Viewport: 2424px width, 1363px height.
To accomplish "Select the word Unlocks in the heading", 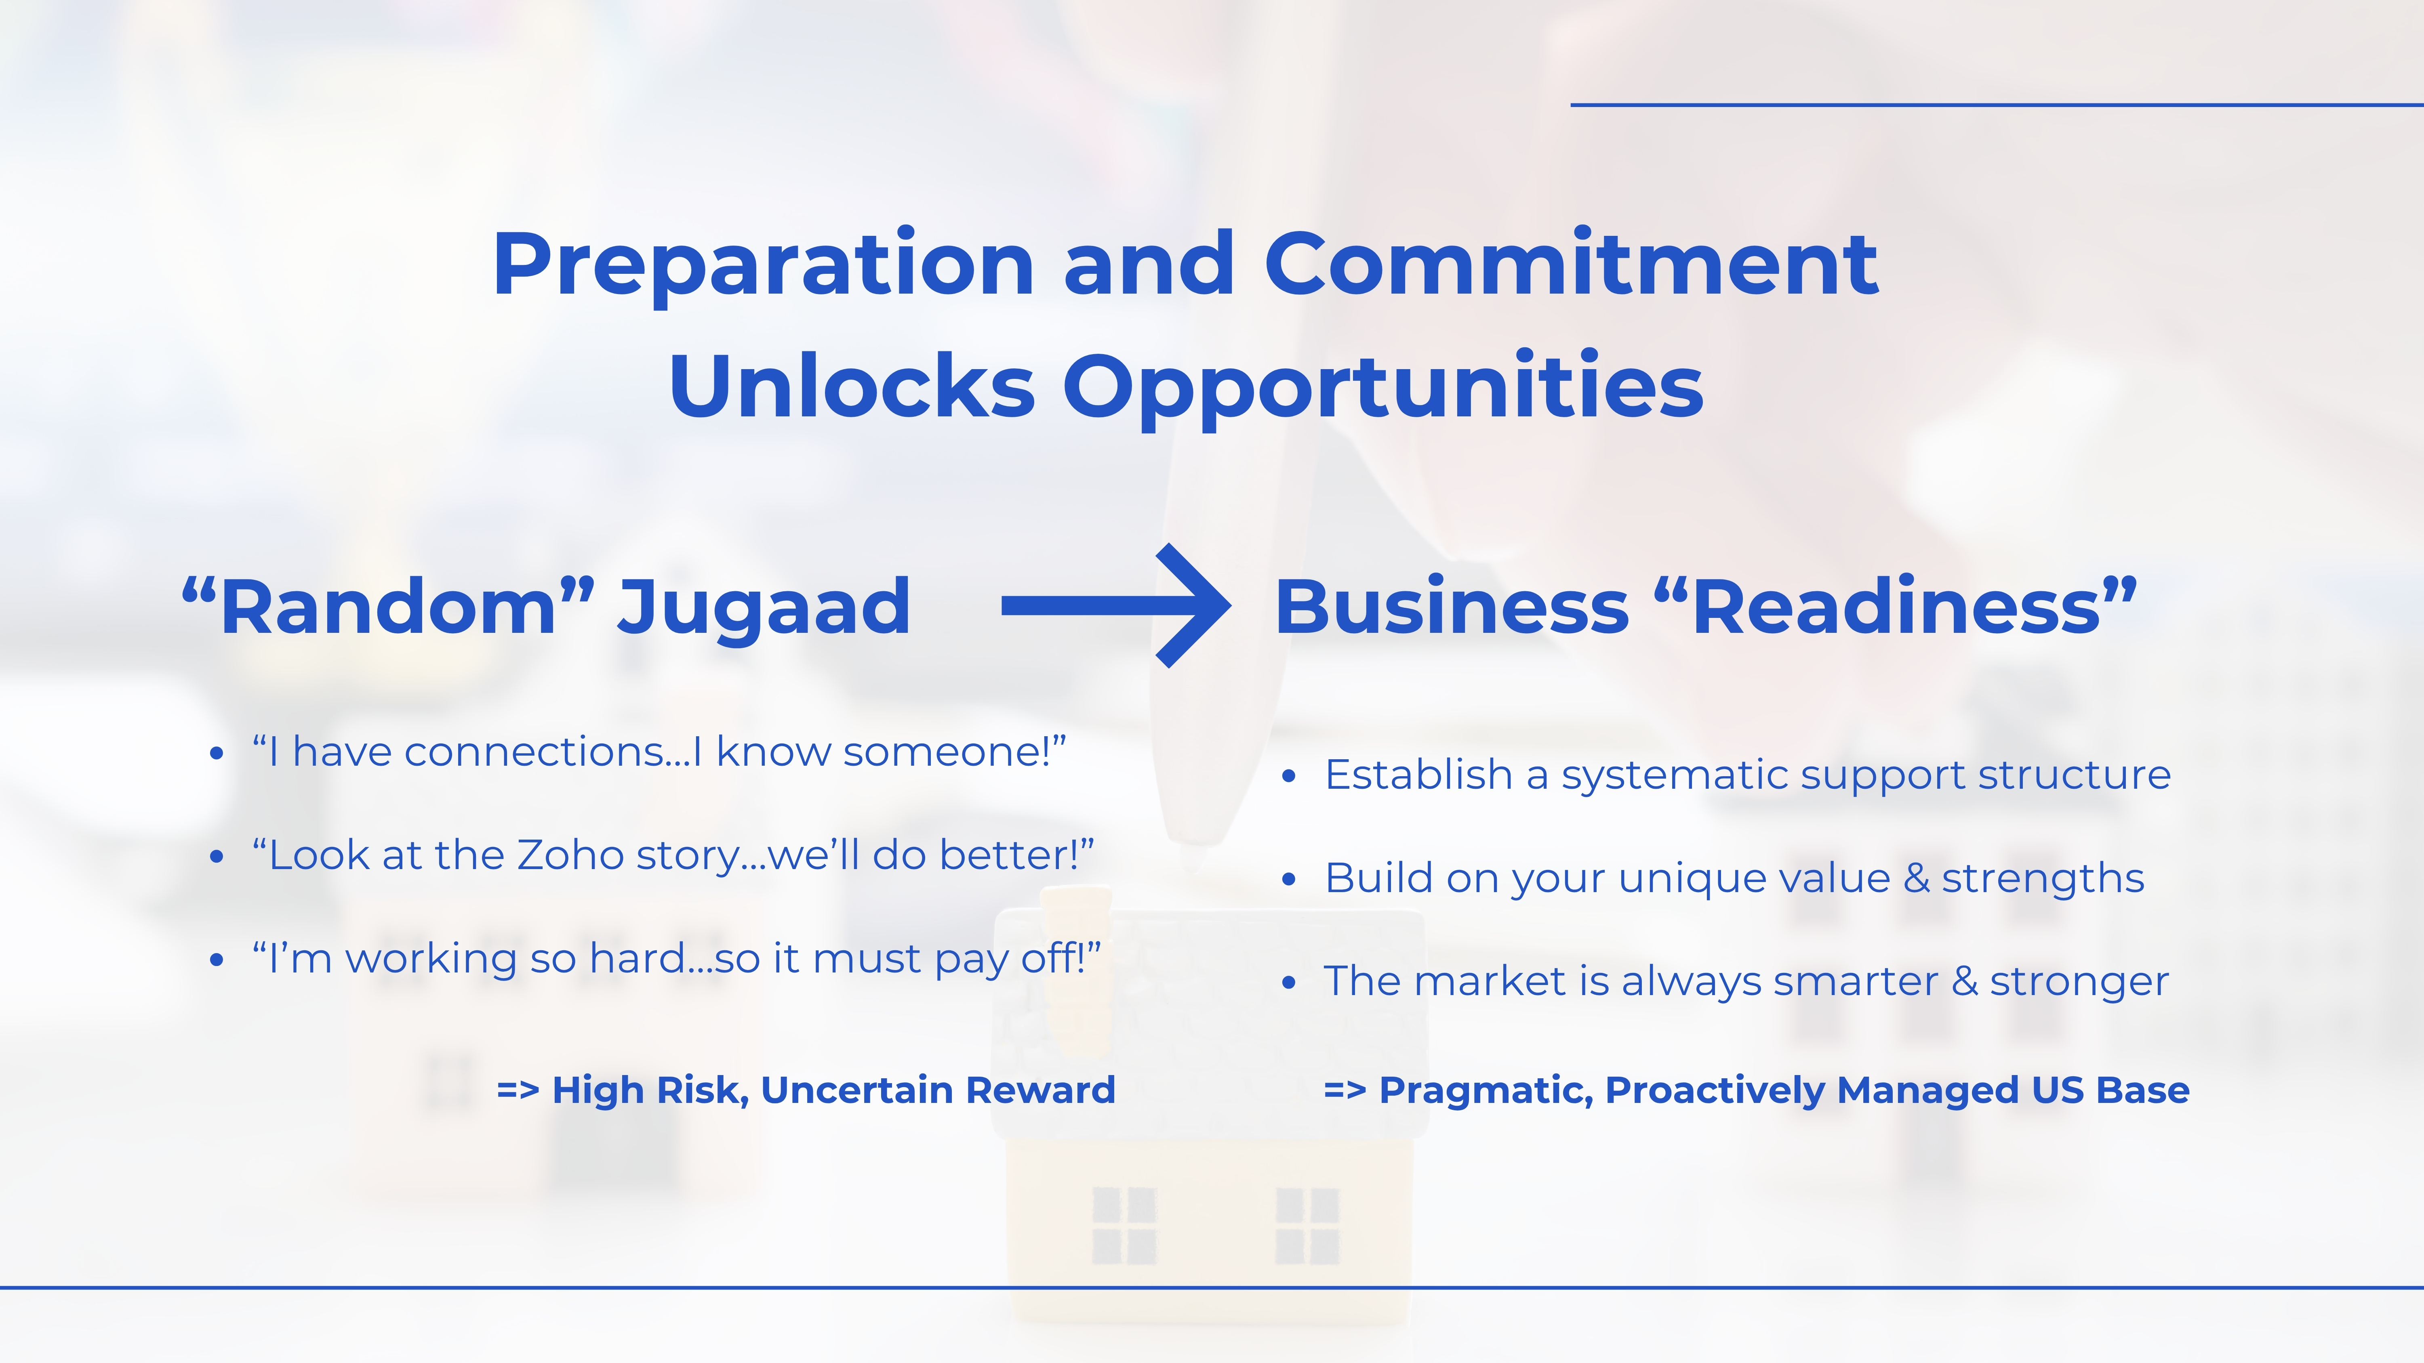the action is [x=852, y=386].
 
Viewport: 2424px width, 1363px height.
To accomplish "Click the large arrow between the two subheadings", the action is [x=1116, y=606].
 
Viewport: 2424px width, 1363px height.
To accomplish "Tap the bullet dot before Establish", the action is [x=1289, y=776].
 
